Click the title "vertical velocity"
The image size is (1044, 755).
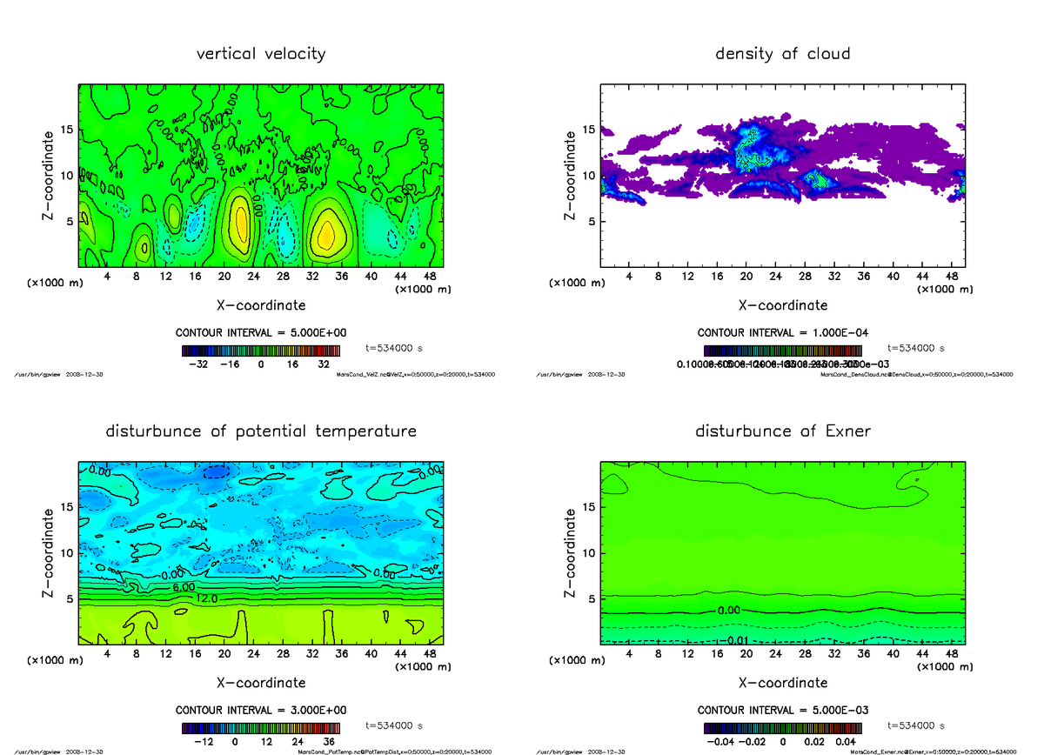pos(261,54)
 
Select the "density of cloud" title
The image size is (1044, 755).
pos(782,54)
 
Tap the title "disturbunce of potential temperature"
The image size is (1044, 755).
pos(261,431)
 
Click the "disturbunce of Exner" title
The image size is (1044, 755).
pos(782,431)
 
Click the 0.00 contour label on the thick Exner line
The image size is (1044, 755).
pos(728,611)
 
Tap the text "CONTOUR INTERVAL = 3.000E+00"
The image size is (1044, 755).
pos(261,710)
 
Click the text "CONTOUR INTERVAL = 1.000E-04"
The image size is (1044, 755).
pos(783,332)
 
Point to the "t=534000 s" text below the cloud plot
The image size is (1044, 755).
pos(916,347)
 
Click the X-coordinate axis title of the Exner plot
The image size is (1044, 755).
pos(782,683)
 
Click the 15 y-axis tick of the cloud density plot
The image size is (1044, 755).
pos(588,130)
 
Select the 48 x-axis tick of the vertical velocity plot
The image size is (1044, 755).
pos(431,277)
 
